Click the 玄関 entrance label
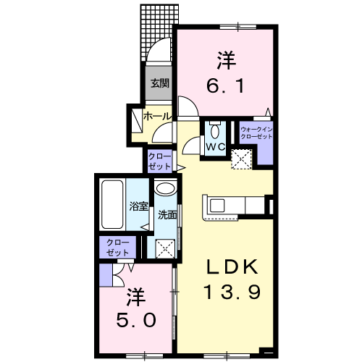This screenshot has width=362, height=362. tap(160, 83)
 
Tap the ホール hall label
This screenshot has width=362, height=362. tap(157, 117)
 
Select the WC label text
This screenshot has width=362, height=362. tap(215, 146)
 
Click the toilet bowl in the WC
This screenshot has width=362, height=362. tap(214, 132)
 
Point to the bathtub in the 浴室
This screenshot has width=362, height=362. tap(112, 204)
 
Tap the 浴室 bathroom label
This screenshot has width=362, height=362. tap(138, 206)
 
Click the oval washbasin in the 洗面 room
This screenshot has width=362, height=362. tap(166, 188)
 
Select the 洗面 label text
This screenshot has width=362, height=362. tap(167, 215)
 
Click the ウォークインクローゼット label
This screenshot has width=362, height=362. tap(256, 133)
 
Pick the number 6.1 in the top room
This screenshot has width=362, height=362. tap(226, 86)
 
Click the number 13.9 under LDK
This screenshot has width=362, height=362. tap(232, 292)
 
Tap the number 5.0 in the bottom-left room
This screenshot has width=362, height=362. tap(136, 320)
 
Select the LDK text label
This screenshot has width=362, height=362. tap(232, 266)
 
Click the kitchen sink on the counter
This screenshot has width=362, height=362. tap(217, 206)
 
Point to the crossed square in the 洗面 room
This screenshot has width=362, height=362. tap(165, 248)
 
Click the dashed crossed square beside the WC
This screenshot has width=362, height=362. tap(242, 159)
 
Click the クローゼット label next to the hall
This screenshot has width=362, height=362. tap(159, 161)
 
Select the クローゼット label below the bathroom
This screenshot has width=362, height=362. tap(118, 248)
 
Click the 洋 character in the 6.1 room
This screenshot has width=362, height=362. tap(226, 60)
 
